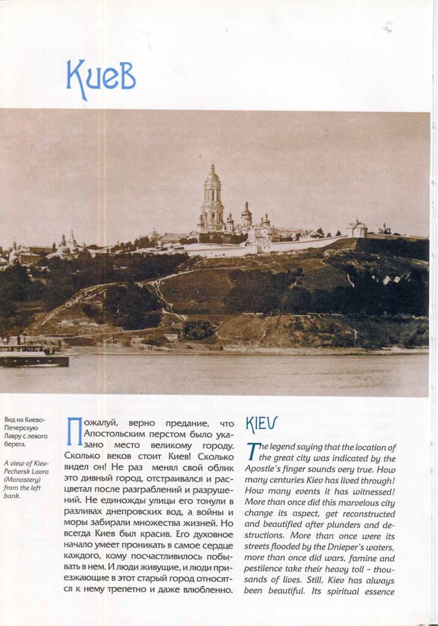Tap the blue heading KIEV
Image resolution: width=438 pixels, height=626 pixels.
tap(261, 424)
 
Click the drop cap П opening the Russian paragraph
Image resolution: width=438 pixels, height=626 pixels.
tap(74, 429)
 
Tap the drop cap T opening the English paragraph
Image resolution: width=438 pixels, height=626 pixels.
tap(252, 451)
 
